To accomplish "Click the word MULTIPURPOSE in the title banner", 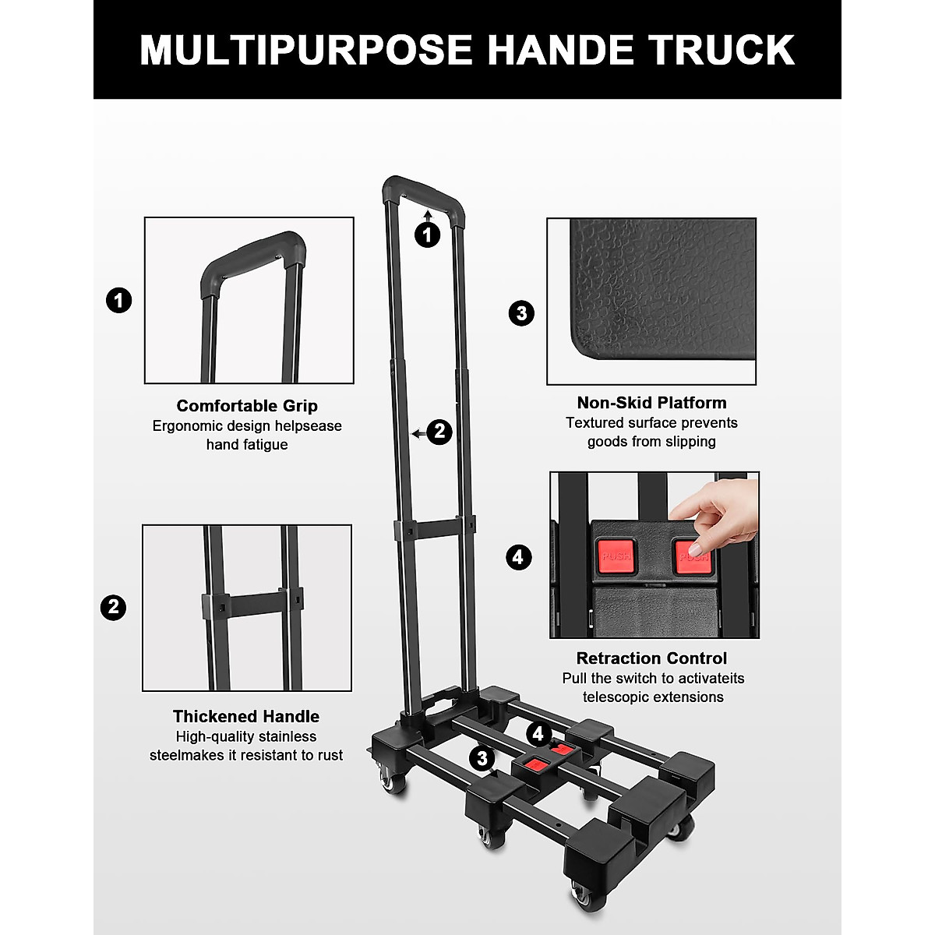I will click(306, 50).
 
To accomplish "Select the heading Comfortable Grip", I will click(247, 406).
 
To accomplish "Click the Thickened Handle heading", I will click(246, 717).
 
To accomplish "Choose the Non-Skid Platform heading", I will click(651, 403).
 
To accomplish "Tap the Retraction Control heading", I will click(651, 658).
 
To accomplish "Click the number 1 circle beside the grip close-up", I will click(118, 301).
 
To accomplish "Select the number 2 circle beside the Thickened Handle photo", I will click(114, 608).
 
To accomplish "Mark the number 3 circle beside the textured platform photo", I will click(521, 313).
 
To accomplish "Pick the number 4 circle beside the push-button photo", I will click(519, 557).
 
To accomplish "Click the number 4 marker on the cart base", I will click(538, 734).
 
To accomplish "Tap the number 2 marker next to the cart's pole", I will click(439, 432).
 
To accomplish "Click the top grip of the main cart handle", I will click(423, 189).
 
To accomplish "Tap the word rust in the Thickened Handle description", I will click(328, 755).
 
